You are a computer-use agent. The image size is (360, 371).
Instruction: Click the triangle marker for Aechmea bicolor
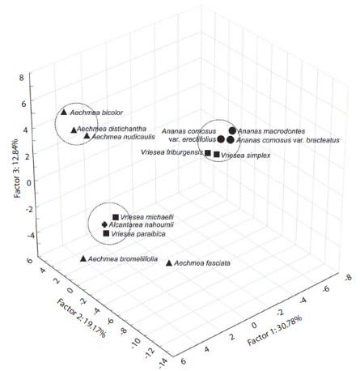64,112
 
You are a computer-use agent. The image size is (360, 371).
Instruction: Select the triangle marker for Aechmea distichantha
74,130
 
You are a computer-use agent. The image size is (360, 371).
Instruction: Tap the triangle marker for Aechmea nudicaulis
87,136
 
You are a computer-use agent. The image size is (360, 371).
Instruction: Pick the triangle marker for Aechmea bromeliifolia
83,258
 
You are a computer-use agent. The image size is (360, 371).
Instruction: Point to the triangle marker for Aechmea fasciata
168,262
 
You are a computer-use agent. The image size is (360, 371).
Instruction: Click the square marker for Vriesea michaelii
116,217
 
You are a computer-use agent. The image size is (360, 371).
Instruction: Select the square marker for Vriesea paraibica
106,233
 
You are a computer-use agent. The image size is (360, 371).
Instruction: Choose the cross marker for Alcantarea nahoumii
104,224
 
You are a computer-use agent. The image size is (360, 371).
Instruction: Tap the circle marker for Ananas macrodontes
233,130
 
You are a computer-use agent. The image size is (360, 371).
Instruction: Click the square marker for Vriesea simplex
217,154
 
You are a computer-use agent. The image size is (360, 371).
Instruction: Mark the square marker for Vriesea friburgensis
208,153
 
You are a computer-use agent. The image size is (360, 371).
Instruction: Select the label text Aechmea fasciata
203,263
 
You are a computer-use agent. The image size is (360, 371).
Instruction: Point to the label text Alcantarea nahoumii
142,225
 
